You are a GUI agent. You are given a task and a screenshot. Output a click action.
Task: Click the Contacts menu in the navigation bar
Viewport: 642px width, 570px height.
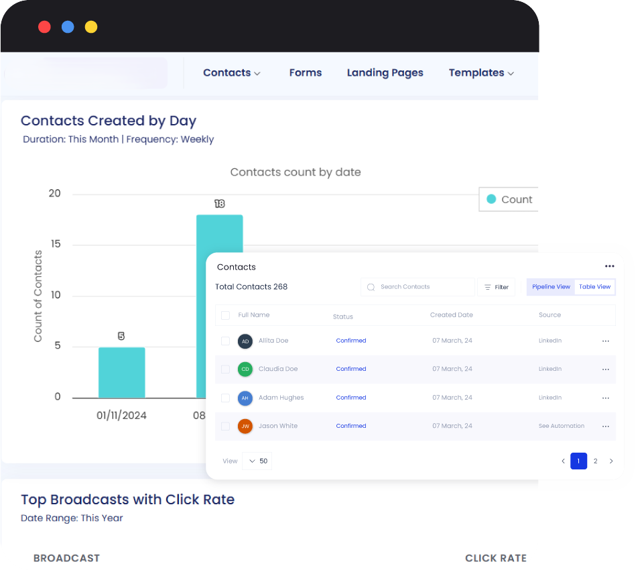(231, 72)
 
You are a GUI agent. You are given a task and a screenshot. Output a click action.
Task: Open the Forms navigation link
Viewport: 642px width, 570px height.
(306, 72)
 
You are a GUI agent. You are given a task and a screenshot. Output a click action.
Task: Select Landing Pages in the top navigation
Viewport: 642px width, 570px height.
(385, 72)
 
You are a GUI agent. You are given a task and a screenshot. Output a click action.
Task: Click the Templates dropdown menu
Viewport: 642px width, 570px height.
(481, 72)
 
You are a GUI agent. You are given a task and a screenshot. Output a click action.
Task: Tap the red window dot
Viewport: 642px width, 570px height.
(45, 27)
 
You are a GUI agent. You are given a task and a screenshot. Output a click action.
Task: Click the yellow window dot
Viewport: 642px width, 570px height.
(91, 27)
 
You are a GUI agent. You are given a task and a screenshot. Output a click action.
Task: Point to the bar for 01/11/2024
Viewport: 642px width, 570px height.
(121, 373)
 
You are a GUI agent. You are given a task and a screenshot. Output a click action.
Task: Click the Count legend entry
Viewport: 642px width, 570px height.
(509, 199)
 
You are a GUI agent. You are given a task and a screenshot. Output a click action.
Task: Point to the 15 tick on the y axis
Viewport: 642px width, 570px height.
(55, 244)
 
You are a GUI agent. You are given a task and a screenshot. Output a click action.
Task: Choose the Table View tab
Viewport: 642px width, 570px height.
(594, 287)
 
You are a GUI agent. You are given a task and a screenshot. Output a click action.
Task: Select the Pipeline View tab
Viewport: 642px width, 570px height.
(551, 287)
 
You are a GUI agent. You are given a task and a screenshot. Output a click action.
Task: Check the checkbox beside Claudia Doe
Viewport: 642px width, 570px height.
(226, 369)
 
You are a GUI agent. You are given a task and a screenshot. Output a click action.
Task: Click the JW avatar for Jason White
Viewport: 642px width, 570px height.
(245, 426)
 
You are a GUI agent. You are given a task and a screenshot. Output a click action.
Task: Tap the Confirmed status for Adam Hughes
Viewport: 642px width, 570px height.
(351, 398)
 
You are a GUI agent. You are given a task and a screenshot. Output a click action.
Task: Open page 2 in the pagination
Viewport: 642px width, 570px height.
(595, 461)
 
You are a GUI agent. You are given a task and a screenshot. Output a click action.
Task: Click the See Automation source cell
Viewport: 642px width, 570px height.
(562, 426)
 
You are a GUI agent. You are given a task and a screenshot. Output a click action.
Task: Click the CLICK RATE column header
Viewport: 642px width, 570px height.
(495, 558)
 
